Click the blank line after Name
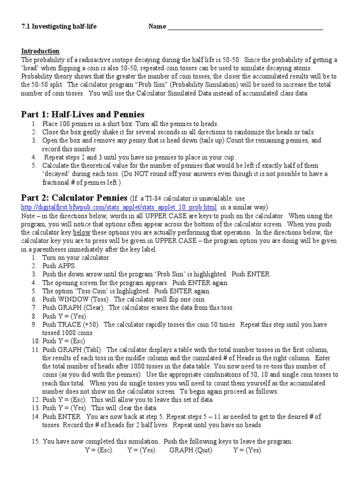[x=245, y=27]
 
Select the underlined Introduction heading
[x=40, y=51]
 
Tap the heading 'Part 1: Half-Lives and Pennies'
[x=82, y=114]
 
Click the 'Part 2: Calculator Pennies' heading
[x=74, y=197]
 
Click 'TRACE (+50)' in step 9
[x=77, y=324]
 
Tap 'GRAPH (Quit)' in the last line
[x=191, y=450]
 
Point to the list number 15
[x=36, y=441]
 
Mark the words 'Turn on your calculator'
[x=76, y=258]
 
